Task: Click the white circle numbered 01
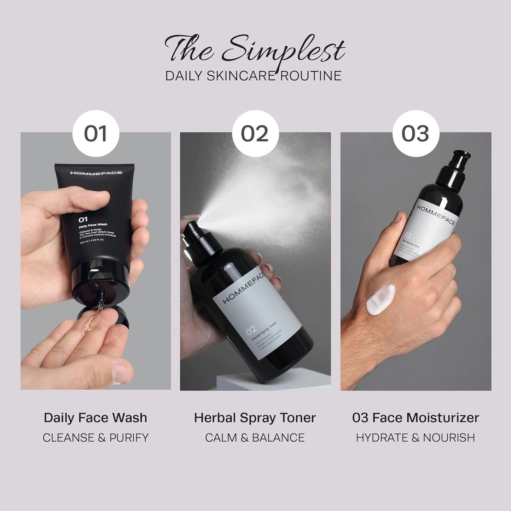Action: [95, 134]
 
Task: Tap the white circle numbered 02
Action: [255, 134]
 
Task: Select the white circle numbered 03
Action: [416, 134]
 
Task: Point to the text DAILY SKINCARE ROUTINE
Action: [253, 76]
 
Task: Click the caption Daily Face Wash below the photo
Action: [95, 418]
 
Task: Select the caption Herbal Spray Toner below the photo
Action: [255, 418]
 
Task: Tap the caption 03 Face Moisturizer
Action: [416, 418]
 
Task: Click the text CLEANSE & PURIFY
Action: [95, 437]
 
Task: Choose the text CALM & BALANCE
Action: [255, 437]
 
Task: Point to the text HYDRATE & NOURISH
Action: [416, 437]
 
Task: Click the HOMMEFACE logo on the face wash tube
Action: [96, 173]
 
